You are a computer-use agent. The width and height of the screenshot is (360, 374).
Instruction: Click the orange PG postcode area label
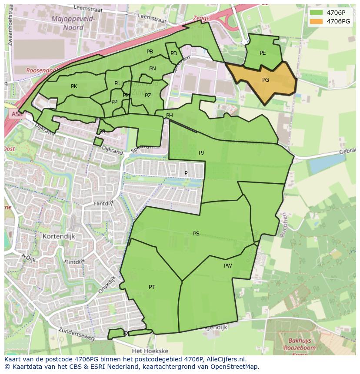[x=266, y=80]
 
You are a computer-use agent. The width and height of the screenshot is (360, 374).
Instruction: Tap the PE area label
[x=263, y=53]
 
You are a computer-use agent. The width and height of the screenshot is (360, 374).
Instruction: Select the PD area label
[x=174, y=53]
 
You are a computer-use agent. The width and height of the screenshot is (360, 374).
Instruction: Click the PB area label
[x=150, y=52]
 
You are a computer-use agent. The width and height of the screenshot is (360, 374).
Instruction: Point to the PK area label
[x=74, y=86]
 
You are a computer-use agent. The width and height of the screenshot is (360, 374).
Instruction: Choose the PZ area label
[x=148, y=96]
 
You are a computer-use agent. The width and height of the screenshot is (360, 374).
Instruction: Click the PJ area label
[x=201, y=153]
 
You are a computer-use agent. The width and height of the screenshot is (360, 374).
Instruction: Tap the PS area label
[x=196, y=234]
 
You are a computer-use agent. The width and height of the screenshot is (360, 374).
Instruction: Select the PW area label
[x=228, y=266]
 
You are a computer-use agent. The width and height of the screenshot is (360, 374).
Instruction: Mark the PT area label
[x=152, y=287]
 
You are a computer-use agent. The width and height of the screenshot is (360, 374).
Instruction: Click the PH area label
[x=170, y=116]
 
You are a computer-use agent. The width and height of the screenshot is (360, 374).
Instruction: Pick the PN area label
[x=153, y=69]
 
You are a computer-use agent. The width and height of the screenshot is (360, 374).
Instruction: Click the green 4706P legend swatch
[x=317, y=12]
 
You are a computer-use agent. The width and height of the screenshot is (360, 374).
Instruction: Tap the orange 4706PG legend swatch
[x=317, y=21]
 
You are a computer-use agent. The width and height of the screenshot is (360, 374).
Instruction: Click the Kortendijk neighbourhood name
[x=59, y=236]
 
